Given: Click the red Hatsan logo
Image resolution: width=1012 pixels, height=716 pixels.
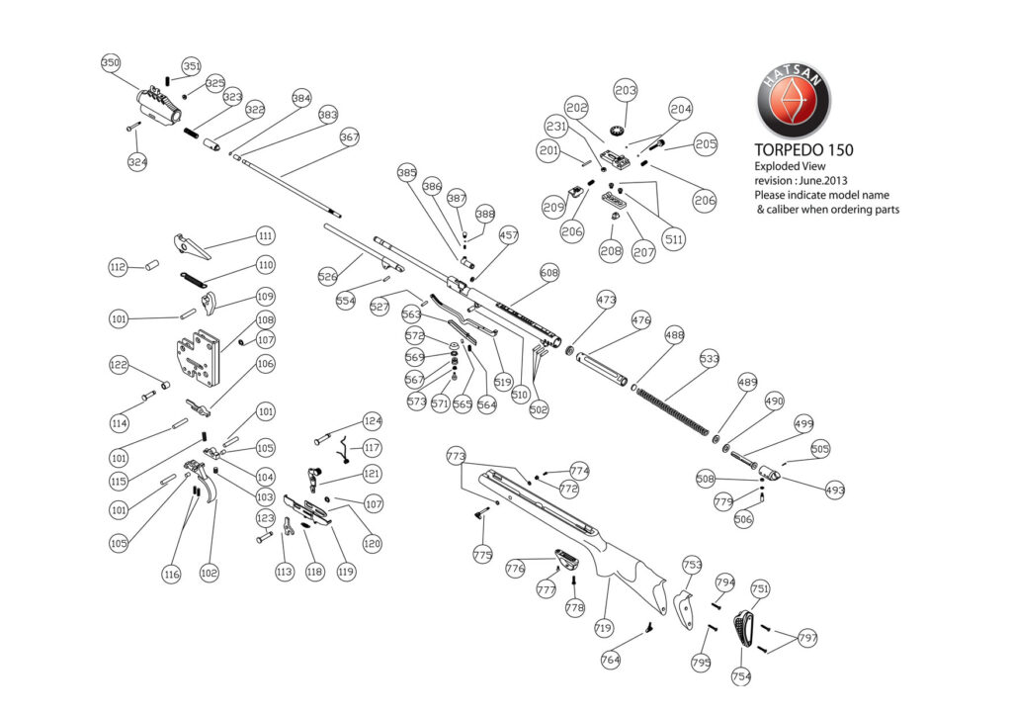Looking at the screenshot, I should (794, 101).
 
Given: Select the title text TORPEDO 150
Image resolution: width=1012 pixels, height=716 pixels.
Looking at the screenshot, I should (804, 149).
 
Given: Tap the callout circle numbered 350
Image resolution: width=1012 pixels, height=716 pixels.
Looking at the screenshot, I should (112, 63).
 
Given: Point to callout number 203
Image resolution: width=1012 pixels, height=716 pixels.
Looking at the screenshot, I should (626, 91).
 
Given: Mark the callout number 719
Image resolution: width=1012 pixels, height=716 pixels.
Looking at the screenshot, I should (604, 629).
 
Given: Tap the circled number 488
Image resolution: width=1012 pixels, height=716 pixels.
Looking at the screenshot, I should (675, 336).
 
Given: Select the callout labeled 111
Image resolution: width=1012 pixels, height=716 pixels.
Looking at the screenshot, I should (265, 235).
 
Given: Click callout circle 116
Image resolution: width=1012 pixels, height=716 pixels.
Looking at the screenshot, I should (172, 575).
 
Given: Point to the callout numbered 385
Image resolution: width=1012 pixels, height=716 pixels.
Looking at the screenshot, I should (407, 173).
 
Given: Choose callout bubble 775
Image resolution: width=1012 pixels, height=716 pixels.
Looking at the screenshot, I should (482, 556).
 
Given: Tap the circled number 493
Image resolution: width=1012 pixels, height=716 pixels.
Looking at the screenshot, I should (835, 490).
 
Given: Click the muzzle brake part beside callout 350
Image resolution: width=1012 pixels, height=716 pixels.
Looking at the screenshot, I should (157, 103).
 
